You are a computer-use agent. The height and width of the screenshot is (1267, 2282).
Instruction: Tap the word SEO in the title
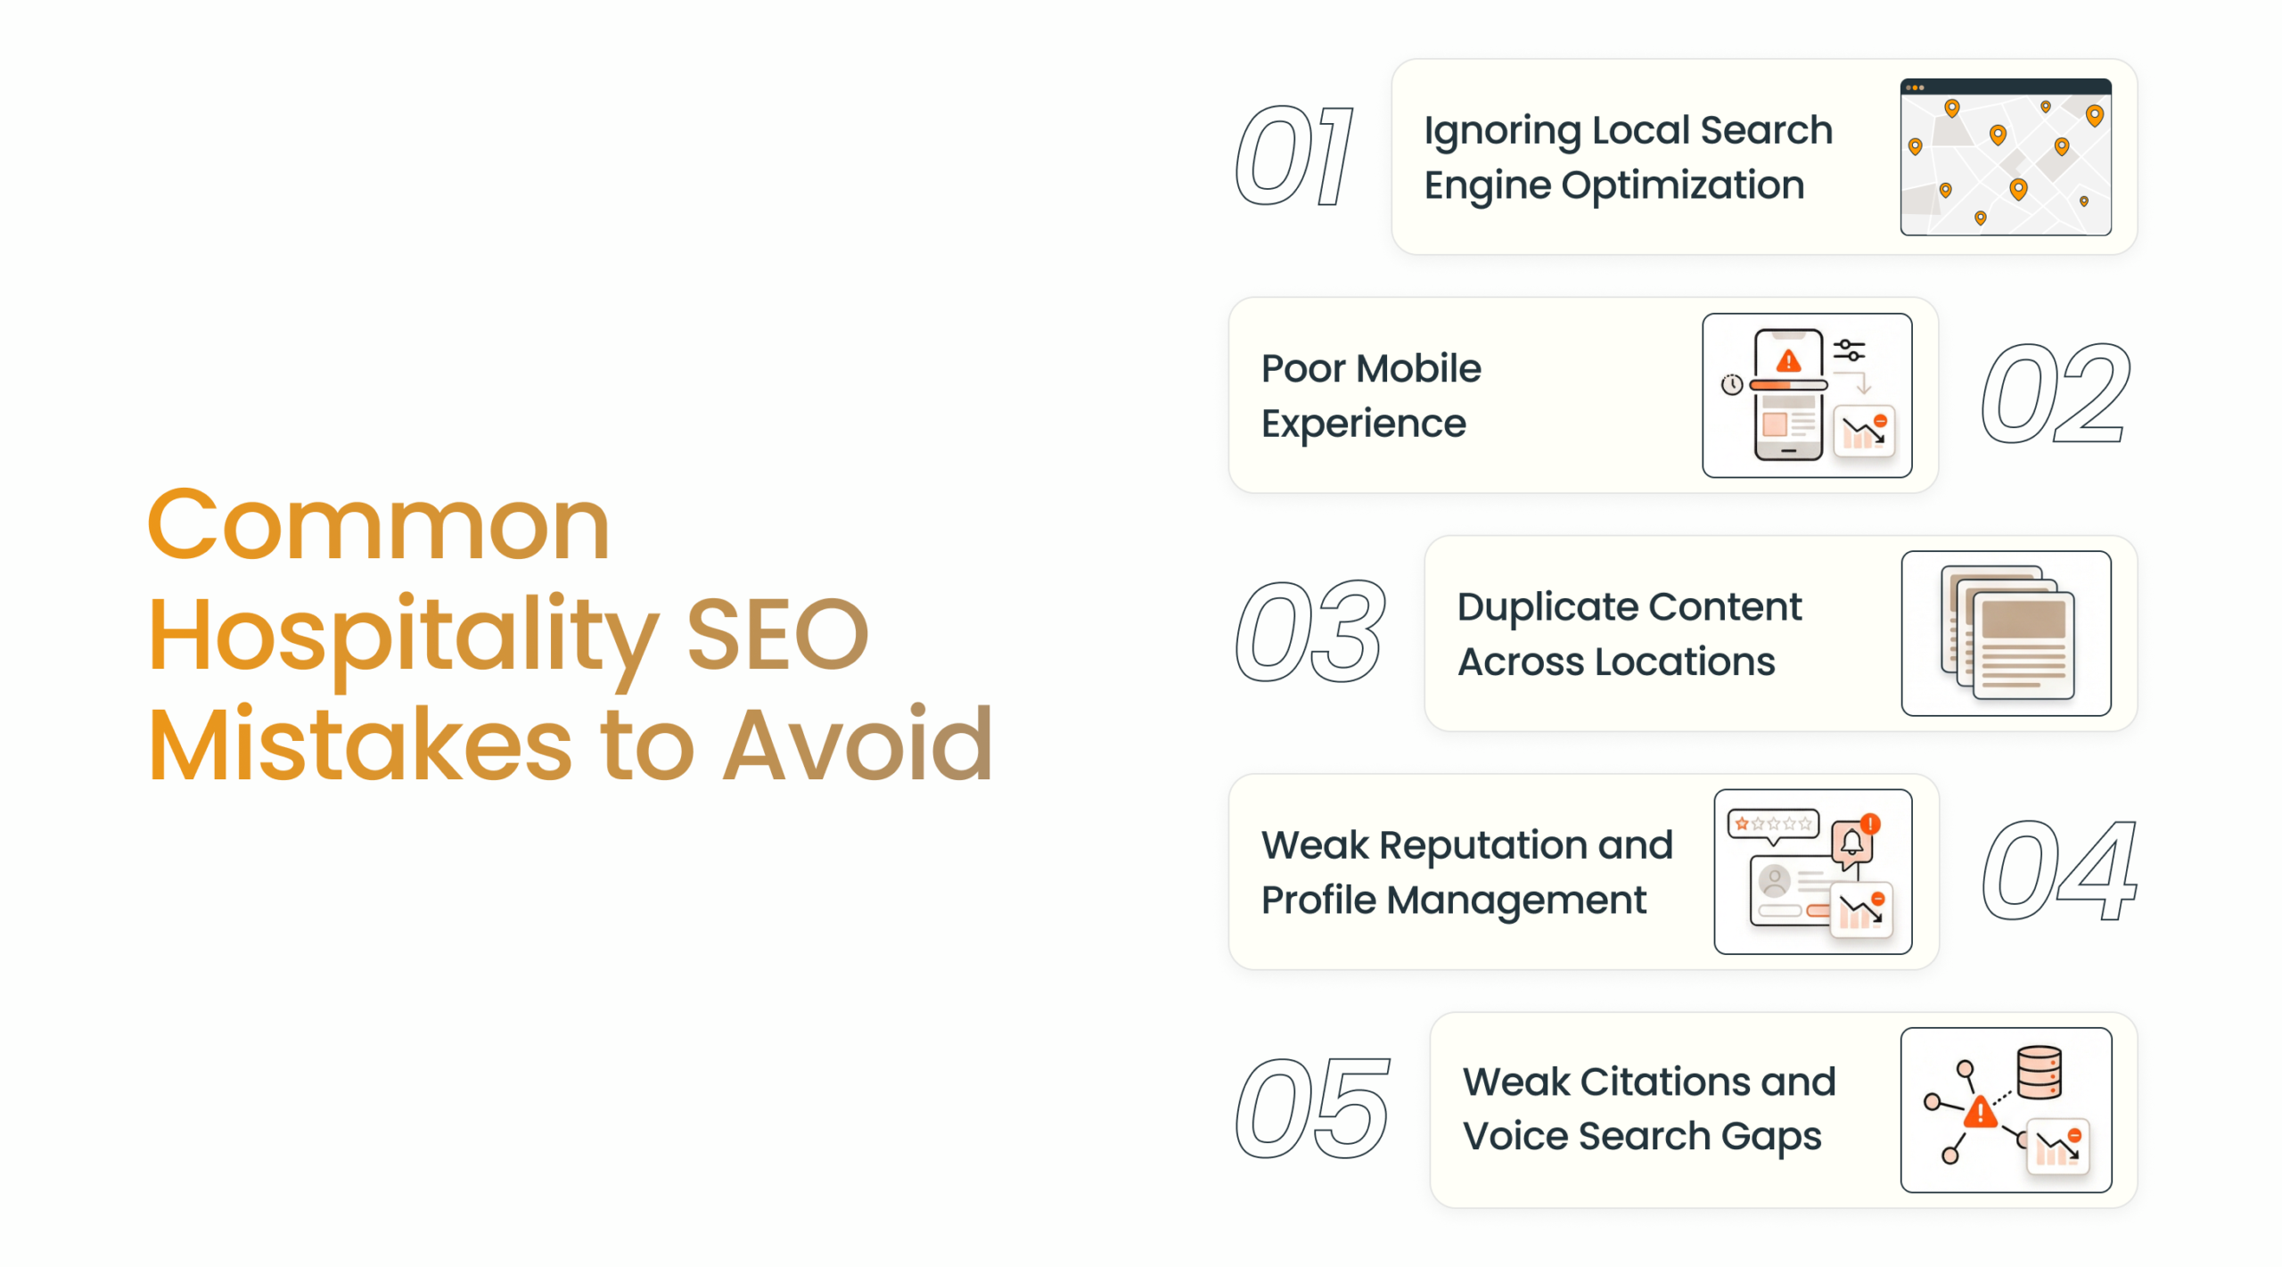[x=777, y=635]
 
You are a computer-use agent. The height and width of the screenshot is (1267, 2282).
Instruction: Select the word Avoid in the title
[x=858, y=745]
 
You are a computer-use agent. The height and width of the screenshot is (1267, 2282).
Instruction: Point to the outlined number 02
[x=2056, y=394]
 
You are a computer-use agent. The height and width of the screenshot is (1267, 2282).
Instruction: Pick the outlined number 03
[x=1310, y=632]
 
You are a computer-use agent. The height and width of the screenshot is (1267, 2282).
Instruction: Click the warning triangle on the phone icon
[x=1788, y=361]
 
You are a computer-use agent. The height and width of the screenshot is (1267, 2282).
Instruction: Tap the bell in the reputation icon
[x=1851, y=842]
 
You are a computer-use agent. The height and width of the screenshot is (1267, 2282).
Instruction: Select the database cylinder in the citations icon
[x=2039, y=1073]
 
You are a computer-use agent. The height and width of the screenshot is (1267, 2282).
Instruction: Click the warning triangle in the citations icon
[x=1980, y=1112]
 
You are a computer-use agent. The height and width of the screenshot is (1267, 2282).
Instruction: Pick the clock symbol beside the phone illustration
[x=1731, y=384]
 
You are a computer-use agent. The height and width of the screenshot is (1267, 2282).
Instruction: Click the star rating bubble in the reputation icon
[x=1773, y=824]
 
